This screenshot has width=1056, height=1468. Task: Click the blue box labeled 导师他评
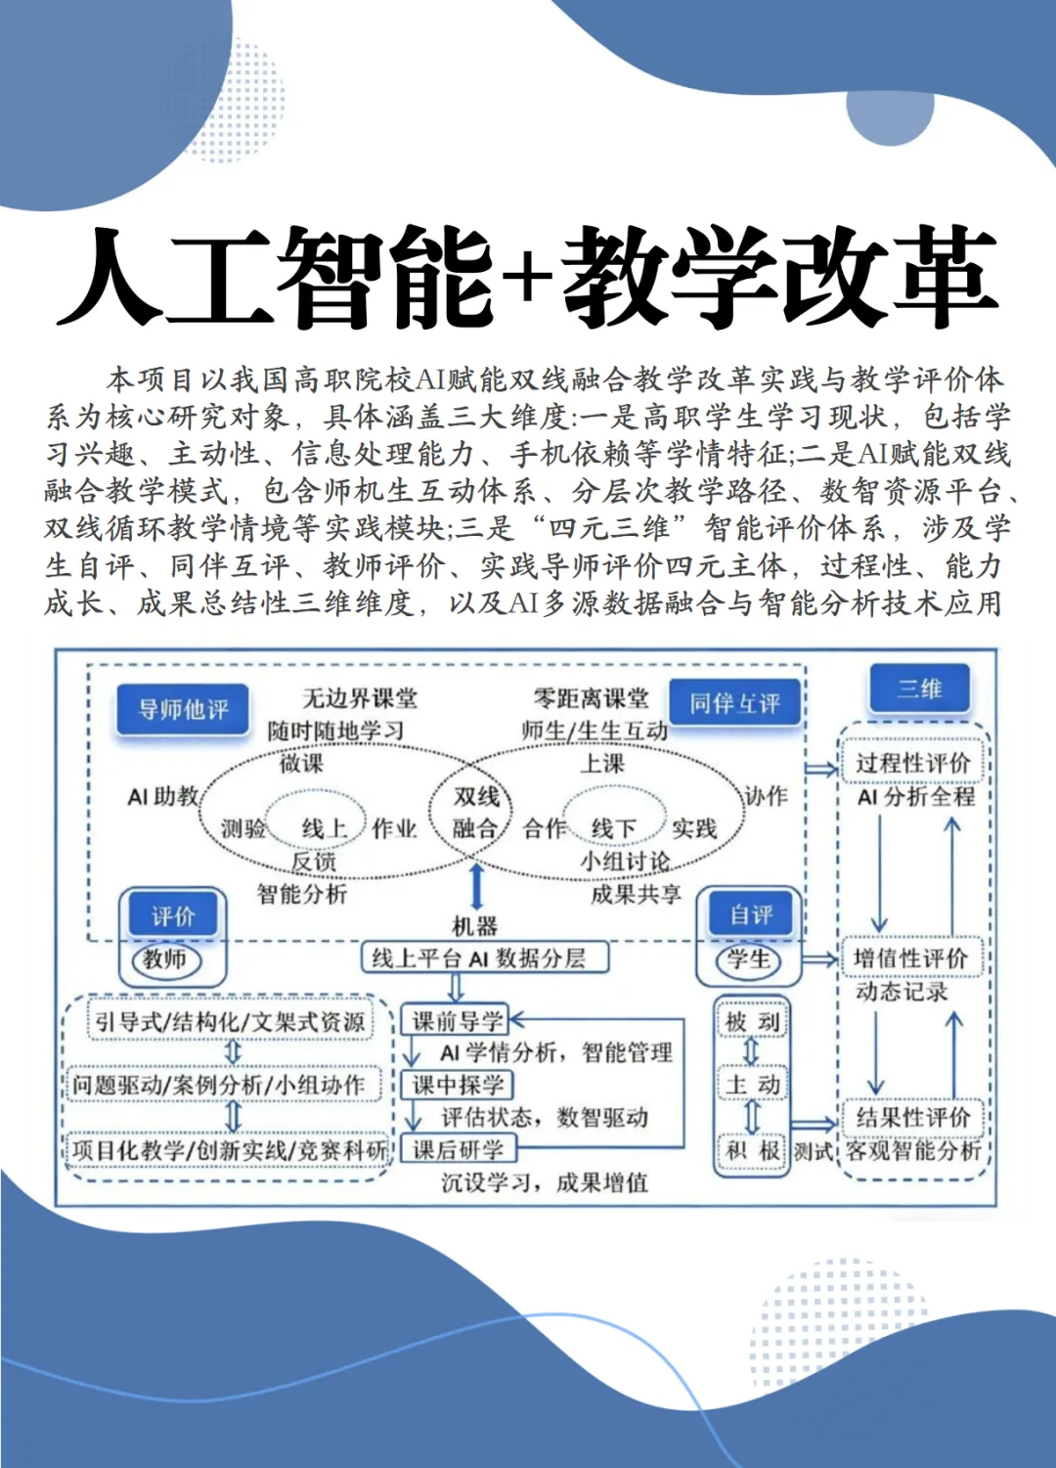click(183, 709)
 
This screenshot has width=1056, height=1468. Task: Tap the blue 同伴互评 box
click(734, 703)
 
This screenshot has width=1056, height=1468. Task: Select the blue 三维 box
click(920, 689)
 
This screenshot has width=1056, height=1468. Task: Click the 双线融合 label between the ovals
click(476, 813)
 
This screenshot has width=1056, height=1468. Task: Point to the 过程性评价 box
click(912, 763)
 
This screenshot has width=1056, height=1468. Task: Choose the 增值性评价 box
click(910, 957)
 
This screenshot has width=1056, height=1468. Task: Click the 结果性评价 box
click(912, 1117)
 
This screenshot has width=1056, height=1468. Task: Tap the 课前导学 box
click(457, 1021)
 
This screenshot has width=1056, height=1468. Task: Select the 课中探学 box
click(458, 1085)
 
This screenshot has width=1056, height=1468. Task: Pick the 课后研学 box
click(458, 1149)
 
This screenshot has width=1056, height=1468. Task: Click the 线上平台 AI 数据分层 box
click(486, 957)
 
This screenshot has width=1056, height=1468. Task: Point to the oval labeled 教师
click(165, 959)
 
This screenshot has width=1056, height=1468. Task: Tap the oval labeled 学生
click(749, 959)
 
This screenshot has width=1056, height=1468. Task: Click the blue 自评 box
click(751, 914)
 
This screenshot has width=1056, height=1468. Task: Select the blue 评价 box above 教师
click(173, 916)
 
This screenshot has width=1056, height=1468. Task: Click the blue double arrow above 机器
click(476, 886)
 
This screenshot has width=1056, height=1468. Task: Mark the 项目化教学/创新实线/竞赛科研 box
click(229, 1150)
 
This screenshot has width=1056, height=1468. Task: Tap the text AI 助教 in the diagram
click(163, 797)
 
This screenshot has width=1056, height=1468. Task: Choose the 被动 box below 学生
click(752, 1022)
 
